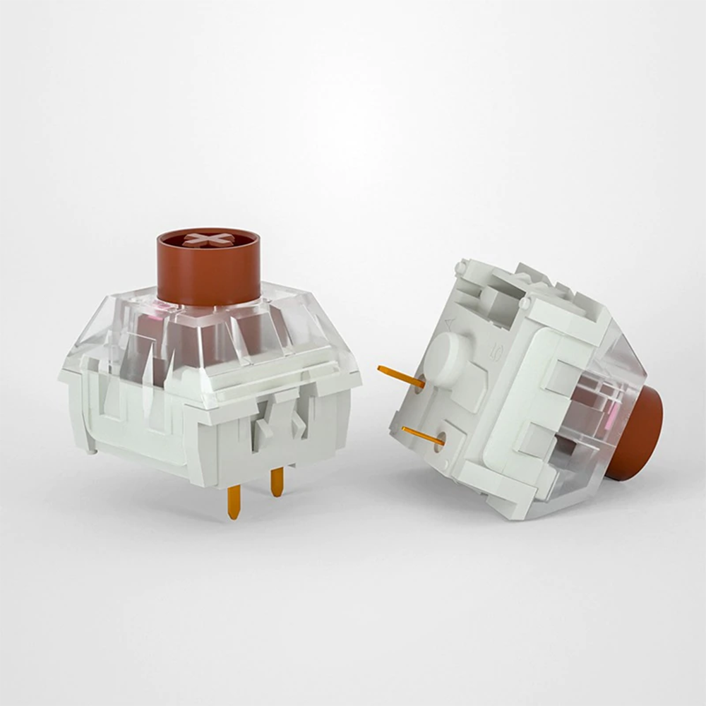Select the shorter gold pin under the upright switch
[x=277, y=481]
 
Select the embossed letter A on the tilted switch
[x=448, y=323]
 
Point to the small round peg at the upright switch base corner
[x=93, y=446]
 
